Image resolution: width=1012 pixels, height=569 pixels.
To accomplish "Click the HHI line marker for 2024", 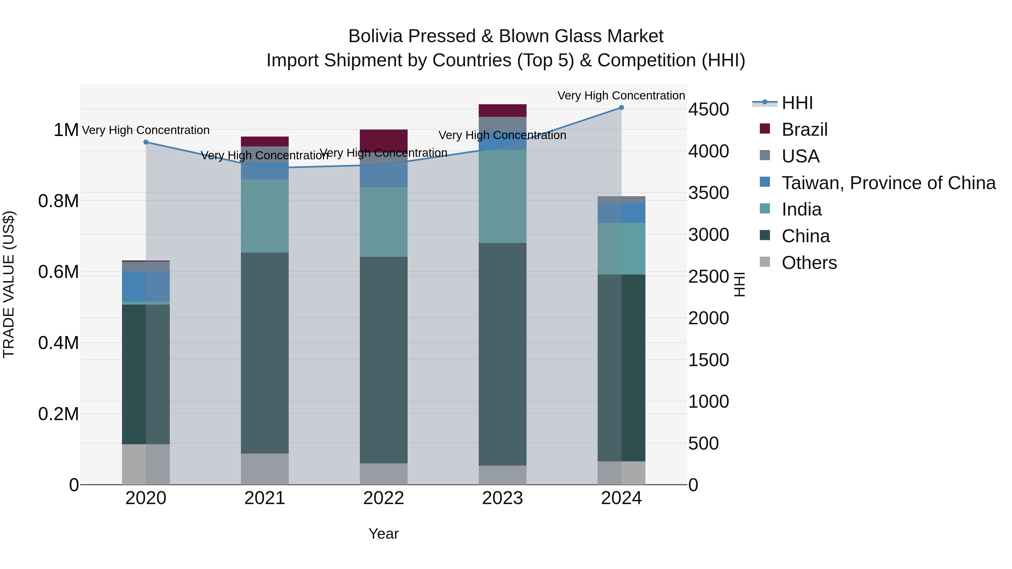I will pyautogui.click(x=621, y=108).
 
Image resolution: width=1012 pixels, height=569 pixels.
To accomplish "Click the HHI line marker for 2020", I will pyautogui.click(x=146, y=142).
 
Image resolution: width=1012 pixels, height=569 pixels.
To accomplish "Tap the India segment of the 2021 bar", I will pyautogui.click(x=265, y=216).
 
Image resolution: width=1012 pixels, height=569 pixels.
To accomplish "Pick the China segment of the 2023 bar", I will pyautogui.click(x=502, y=353).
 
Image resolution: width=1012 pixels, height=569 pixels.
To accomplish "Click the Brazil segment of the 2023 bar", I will pyautogui.click(x=502, y=110).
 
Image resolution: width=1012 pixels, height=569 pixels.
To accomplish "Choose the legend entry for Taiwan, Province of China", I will pyautogui.click(x=888, y=183).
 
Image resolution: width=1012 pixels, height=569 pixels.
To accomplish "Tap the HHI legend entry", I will pyautogui.click(x=796, y=103).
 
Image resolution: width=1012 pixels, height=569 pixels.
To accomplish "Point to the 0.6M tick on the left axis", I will pyautogui.click(x=58, y=272).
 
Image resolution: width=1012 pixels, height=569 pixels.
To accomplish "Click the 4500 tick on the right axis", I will pyautogui.click(x=708, y=109).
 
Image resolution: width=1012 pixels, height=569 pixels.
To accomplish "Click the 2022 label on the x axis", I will pyautogui.click(x=383, y=498).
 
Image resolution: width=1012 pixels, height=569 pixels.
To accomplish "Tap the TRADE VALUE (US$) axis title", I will pyautogui.click(x=9, y=284).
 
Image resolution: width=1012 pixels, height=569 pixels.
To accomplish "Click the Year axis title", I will pyautogui.click(x=383, y=534).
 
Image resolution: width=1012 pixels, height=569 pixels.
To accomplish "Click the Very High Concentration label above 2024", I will pyautogui.click(x=621, y=96).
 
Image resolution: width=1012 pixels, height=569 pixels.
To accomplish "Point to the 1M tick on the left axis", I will pyautogui.click(x=66, y=130).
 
